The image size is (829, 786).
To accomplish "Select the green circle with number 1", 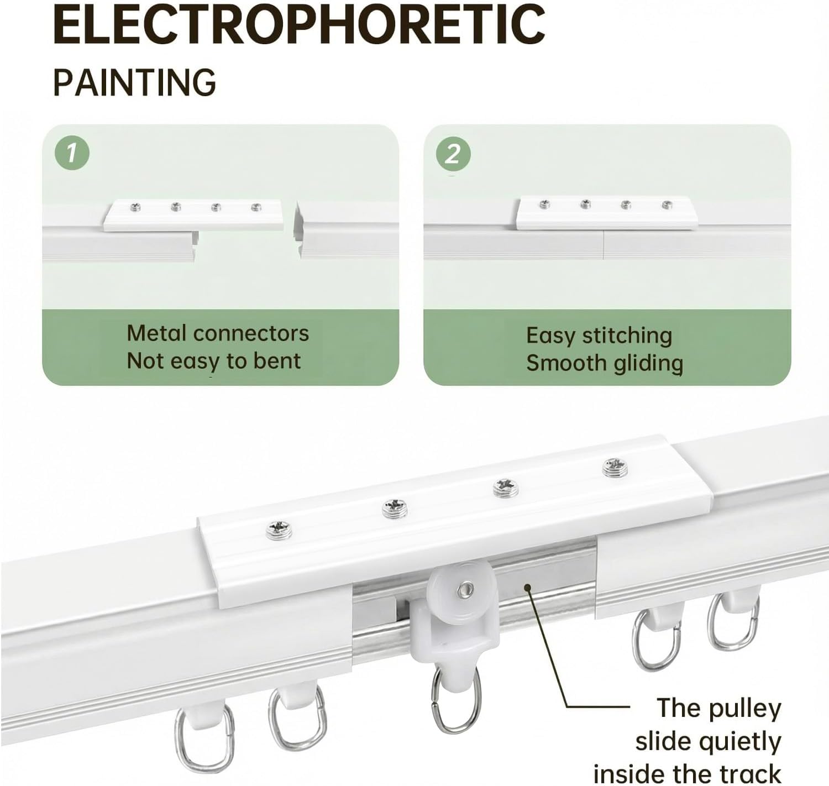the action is tap(72, 153).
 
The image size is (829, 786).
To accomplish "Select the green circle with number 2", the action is tap(453, 154).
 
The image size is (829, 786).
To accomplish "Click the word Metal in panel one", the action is tap(156, 333).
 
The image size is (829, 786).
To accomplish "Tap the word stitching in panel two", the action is tap(627, 337).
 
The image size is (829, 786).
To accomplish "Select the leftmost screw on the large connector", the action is tap(279, 530).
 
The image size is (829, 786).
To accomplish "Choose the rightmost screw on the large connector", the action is tap(615, 468).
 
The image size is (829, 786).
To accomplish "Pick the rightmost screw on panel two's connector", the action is tap(667, 205).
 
